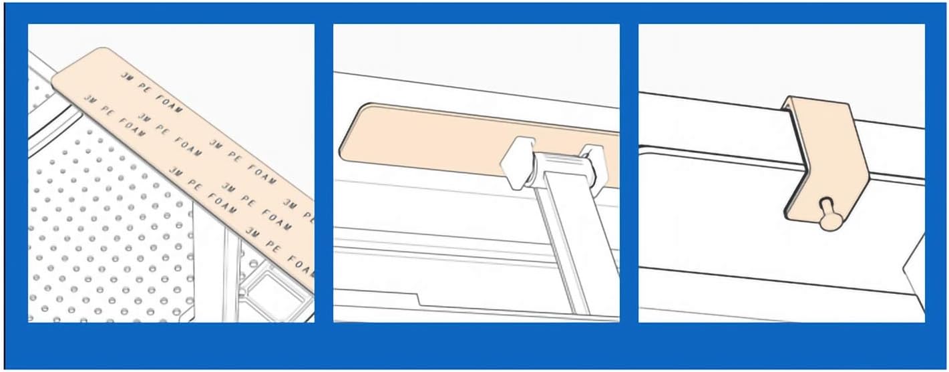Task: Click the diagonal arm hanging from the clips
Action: pos(568,247)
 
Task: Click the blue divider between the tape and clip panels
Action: pos(324,174)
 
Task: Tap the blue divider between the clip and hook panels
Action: pos(629,174)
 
